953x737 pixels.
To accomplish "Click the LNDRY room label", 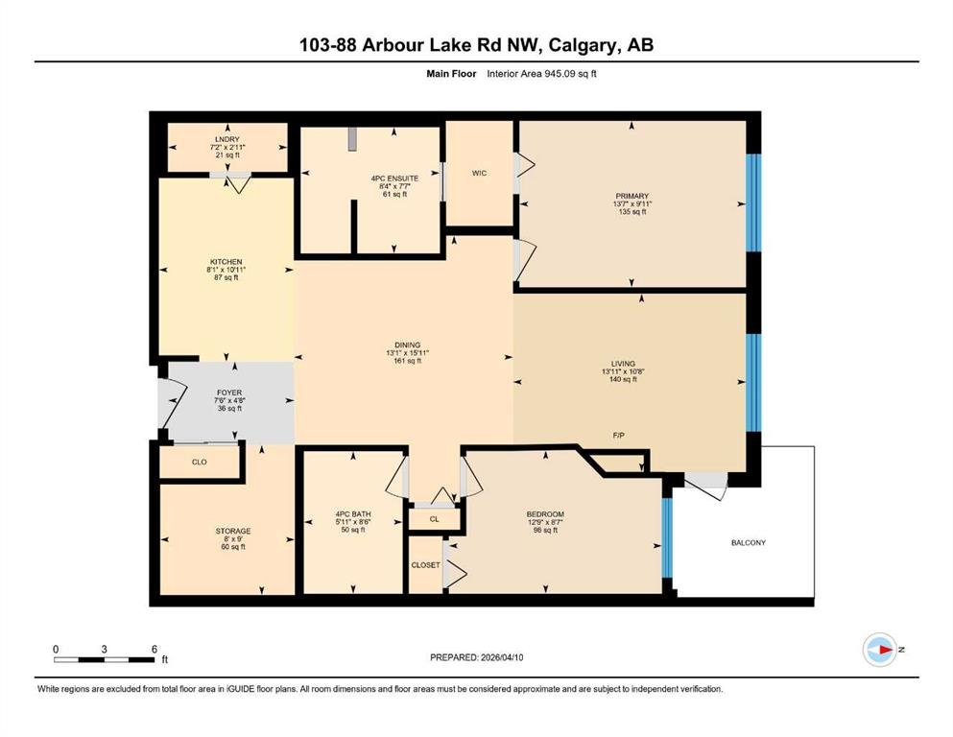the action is click(x=227, y=139).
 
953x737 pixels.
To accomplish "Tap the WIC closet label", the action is click(x=480, y=173).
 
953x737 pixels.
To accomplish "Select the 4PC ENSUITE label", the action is click(x=395, y=178).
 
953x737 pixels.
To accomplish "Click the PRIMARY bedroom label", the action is click(x=632, y=197).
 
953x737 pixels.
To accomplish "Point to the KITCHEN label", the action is click(x=226, y=262).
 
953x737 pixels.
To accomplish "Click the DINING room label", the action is click(x=407, y=345).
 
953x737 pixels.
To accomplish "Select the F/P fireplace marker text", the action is click(x=619, y=436).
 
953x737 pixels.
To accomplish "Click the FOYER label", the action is click(x=229, y=393).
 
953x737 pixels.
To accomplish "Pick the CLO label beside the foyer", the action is click(x=200, y=463).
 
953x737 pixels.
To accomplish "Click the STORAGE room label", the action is click(x=233, y=531).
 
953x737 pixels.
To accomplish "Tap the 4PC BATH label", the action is click(x=353, y=514).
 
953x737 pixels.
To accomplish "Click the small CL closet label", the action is click(x=435, y=519).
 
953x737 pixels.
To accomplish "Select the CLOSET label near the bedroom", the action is click(x=425, y=565).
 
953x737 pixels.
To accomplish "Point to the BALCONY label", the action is click(x=749, y=542).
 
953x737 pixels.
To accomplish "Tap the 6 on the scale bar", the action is click(x=155, y=650).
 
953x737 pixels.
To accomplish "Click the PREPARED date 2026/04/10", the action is click(x=502, y=657).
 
